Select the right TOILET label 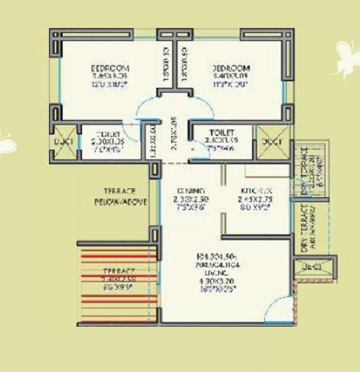pos(220,132)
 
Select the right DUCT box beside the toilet pos(273,142)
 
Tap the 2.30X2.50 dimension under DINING pos(190,199)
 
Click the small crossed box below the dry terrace pos(312,266)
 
